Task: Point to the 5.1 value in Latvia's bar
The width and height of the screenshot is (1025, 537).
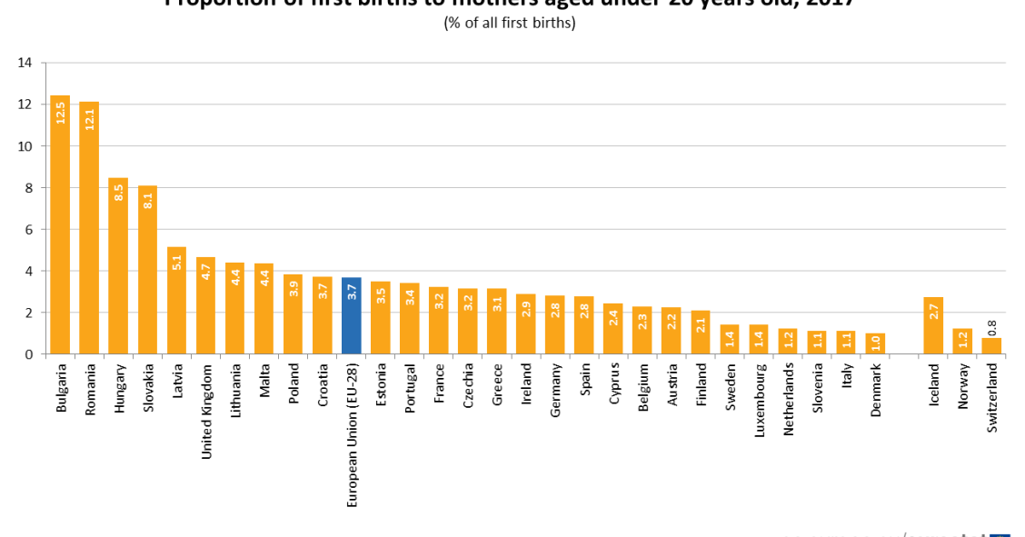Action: pyautogui.click(x=177, y=263)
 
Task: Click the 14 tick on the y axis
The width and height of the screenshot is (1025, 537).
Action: pyautogui.click(x=25, y=63)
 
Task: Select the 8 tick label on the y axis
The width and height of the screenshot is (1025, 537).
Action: pyautogui.click(x=28, y=188)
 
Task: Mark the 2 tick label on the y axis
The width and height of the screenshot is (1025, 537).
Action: pyautogui.click(x=28, y=313)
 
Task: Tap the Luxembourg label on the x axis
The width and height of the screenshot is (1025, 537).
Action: pyautogui.click(x=759, y=401)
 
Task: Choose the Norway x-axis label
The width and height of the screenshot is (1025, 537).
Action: pyautogui.click(x=962, y=387)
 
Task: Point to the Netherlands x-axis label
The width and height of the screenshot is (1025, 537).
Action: pyautogui.click(x=788, y=401)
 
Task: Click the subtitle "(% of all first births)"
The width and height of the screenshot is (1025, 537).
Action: pyautogui.click(x=510, y=24)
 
